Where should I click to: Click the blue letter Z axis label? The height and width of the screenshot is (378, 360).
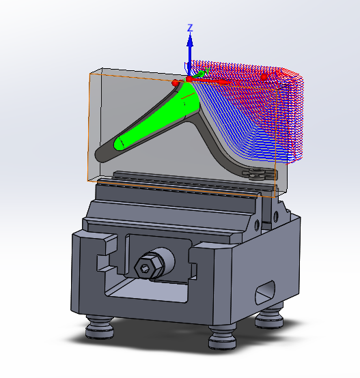pos(190,28)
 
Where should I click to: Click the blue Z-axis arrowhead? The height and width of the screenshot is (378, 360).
pos(190,40)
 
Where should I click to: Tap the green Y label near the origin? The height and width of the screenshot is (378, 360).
pos(207,70)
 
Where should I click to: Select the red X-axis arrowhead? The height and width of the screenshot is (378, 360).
pos(224,83)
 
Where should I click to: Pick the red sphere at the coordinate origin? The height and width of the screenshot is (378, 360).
pos(189,79)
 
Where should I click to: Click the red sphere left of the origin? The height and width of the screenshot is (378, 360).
pos(176,83)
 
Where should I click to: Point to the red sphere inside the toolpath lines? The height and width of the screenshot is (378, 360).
pos(264,77)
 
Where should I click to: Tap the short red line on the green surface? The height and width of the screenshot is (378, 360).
pos(188,96)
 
